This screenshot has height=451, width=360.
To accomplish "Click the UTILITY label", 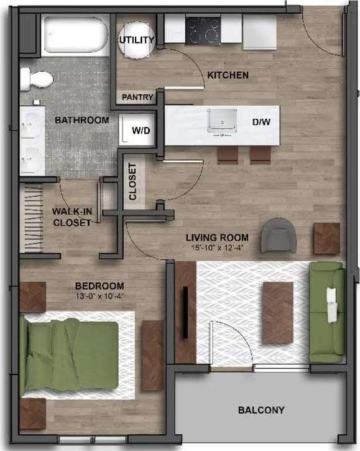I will point(136,40).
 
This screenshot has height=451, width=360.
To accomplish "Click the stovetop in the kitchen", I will point(202,29).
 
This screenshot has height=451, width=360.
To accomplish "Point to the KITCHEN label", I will point(228,75).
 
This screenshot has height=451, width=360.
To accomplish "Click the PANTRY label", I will point(137,97).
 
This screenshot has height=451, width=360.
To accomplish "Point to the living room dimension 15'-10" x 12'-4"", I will point(219,248).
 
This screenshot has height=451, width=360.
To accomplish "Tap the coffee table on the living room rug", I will point(277,312).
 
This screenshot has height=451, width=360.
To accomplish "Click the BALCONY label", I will point(261,410).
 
